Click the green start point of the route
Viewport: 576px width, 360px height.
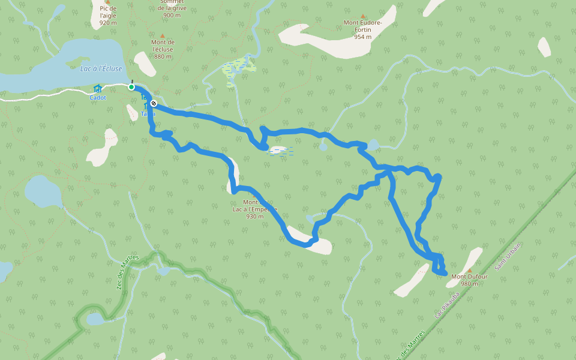131,87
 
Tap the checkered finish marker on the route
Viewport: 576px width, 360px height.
154,103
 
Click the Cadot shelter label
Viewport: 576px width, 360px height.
97,97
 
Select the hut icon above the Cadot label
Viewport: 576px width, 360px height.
97,89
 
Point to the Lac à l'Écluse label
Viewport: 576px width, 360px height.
101,69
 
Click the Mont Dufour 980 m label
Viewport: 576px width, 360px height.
469,280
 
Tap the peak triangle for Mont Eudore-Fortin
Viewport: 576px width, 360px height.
362,16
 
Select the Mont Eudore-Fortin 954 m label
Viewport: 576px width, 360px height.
362,29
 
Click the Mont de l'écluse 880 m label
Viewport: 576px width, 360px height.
163,49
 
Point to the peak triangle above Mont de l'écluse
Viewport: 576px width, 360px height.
162,36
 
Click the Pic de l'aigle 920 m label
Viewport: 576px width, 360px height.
108,15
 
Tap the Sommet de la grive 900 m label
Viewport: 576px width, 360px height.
172,8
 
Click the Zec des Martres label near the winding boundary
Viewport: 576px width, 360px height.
126,272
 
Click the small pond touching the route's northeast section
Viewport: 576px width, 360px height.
373,145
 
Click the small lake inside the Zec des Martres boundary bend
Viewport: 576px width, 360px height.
95,319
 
